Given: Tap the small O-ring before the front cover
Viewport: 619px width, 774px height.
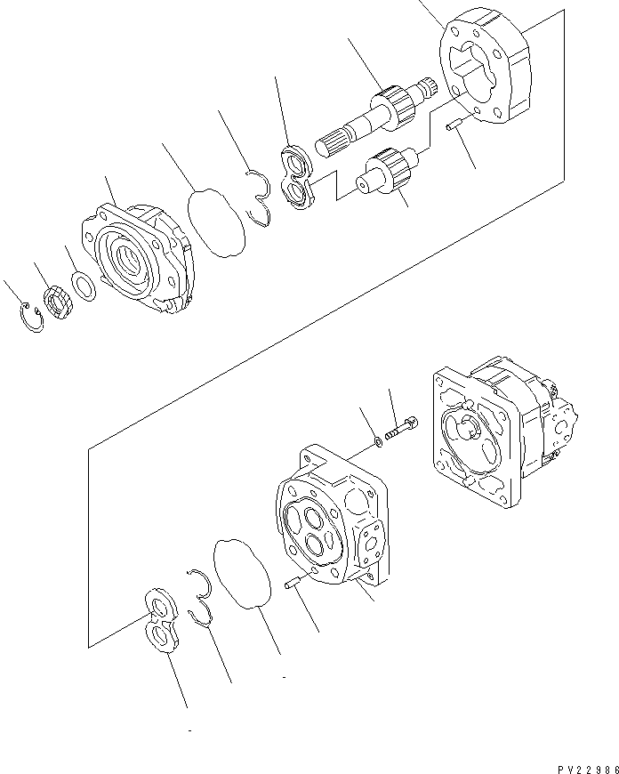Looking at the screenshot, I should click(84, 287).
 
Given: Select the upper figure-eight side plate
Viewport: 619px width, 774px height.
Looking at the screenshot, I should click(297, 178).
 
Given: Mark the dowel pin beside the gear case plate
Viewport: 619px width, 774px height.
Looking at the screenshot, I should click(452, 130).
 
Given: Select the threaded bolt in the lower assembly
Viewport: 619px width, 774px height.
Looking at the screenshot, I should click(404, 428).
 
